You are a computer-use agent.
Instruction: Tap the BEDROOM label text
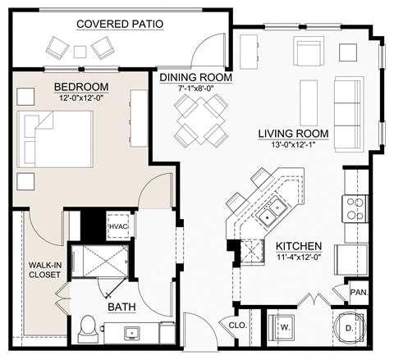click(81, 86)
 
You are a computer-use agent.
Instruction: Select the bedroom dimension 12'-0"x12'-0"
click(81, 98)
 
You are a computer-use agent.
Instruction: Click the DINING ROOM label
click(195, 78)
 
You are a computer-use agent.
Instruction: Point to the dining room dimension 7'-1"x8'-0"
click(195, 90)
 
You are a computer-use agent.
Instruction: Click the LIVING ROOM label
click(293, 134)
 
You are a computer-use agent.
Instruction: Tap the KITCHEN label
click(299, 246)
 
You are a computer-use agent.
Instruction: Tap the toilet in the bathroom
click(89, 330)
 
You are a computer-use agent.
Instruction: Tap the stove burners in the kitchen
click(355, 207)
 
